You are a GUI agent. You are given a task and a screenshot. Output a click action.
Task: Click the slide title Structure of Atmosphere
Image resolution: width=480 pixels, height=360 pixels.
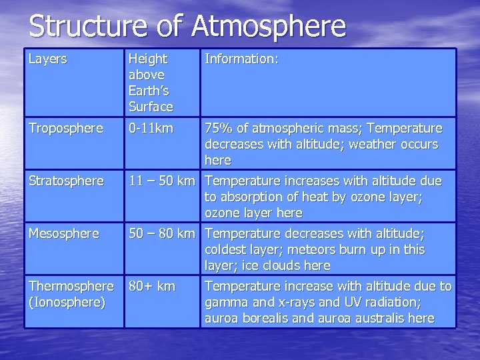point(187,27)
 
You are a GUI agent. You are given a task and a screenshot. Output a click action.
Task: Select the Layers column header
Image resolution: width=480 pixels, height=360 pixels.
point(47,59)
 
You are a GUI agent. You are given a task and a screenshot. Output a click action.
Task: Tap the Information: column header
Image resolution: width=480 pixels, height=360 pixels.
point(241,59)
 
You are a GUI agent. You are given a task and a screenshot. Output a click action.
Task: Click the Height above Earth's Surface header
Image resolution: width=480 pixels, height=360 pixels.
point(151,83)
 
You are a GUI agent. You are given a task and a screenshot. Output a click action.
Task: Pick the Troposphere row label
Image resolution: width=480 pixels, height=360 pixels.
point(65,128)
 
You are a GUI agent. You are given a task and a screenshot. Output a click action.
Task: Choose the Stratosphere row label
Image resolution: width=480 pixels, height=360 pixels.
point(66,181)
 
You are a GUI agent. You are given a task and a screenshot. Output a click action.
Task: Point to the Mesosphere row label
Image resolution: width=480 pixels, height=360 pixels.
point(63,234)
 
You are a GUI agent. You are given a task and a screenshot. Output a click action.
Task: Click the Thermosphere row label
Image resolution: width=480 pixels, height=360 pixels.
point(71,287)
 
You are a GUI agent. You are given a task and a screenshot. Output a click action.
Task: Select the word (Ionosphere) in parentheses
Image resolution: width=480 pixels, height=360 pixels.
point(67,302)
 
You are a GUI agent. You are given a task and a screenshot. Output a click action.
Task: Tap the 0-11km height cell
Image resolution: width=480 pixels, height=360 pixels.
point(151,128)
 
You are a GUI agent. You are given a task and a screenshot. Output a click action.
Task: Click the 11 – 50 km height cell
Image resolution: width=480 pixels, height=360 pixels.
point(162,181)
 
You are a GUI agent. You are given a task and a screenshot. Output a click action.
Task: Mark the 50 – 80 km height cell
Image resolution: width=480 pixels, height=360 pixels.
point(162,234)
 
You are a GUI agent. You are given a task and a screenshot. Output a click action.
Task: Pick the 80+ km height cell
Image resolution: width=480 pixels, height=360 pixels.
point(153,287)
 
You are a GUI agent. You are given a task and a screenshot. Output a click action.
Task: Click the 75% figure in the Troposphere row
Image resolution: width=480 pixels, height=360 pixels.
point(218,128)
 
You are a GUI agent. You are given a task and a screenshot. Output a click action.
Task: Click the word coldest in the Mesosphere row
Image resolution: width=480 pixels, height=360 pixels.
point(227,250)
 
